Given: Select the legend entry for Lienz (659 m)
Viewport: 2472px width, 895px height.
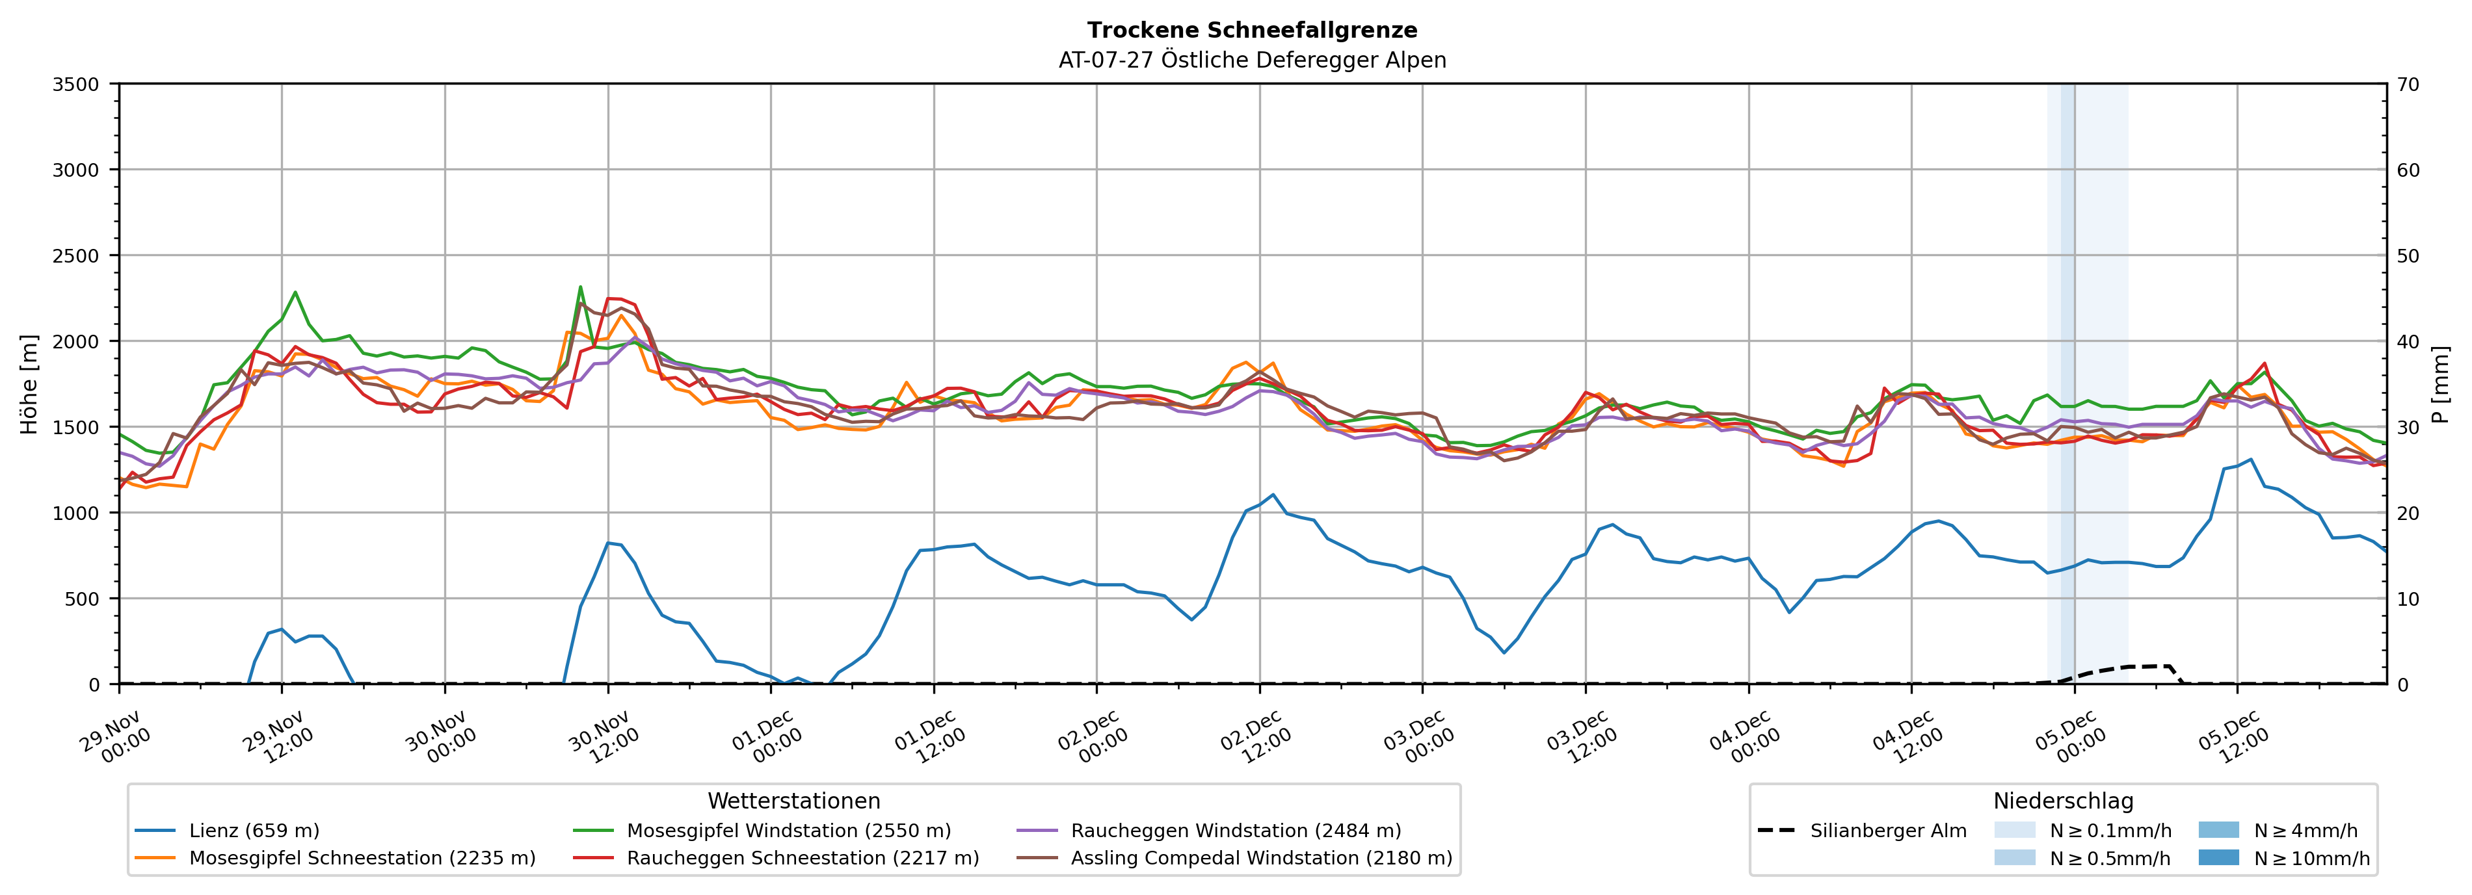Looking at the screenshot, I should click(x=254, y=831).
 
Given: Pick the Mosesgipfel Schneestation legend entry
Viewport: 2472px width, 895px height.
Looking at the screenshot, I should click(x=362, y=857).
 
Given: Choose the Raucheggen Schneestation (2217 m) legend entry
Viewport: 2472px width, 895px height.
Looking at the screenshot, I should click(x=803, y=857).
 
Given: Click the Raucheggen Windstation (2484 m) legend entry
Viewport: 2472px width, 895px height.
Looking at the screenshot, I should click(x=1235, y=831).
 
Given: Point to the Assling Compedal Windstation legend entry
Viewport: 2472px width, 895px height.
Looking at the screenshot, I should click(x=1261, y=857).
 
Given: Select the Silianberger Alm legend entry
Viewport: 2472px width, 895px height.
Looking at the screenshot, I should click(x=1887, y=831).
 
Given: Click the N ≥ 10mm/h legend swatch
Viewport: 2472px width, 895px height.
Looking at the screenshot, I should click(x=2218, y=857).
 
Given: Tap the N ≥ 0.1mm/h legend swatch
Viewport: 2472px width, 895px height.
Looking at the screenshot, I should click(x=2014, y=830).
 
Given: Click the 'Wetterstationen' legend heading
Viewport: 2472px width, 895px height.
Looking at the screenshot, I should click(x=793, y=801).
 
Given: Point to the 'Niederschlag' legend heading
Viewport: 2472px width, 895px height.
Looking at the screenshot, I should click(x=2063, y=801).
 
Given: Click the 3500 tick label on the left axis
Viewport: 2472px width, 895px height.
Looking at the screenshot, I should click(x=76, y=84).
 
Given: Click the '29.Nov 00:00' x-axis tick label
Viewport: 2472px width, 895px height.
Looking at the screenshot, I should click(x=115, y=738).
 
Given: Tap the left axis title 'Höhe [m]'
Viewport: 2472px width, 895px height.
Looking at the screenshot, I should click(x=30, y=383).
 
